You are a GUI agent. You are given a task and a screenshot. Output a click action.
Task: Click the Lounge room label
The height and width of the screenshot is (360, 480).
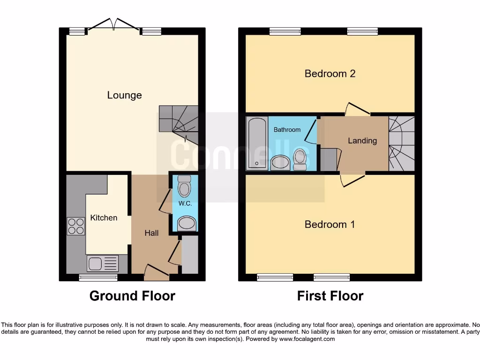pyautogui.click(x=124, y=95)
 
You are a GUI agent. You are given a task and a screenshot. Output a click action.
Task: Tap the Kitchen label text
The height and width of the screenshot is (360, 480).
pyautogui.click(x=104, y=217)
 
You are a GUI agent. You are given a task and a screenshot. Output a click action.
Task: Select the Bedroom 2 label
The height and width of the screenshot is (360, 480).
pyautogui.click(x=330, y=74)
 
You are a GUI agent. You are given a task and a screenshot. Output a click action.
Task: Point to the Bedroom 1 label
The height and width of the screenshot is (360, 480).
pyautogui.click(x=330, y=224)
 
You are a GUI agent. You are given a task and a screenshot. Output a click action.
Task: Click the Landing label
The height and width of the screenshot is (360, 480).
pyautogui.click(x=362, y=141)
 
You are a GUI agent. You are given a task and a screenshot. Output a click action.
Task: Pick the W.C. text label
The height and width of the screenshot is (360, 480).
pyautogui.click(x=185, y=204)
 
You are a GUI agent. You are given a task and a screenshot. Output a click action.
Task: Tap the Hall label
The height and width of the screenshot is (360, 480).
pyautogui.click(x=151, y=233)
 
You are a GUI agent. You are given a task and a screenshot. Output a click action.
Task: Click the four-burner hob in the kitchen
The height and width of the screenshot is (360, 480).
pyautogui.click(x=76, y=226)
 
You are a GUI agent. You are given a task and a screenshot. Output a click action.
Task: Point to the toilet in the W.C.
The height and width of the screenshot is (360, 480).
pyautogui.click(x=185, y=187)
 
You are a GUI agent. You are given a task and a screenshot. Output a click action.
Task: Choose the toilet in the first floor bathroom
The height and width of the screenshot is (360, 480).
pyautogui.click(x=300, y=159)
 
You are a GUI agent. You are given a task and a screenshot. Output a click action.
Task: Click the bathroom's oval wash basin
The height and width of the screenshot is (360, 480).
pyautogui.click(x=280, y=162)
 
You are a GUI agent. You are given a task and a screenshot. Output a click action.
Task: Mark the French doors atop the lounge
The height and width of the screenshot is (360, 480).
pyautogui.click(x=113, y=25)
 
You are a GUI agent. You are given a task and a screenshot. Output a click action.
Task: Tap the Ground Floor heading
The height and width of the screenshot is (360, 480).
pyautogui.click(x=132, y=296)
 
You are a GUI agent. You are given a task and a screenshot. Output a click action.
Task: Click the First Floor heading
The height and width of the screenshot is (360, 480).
pyautogui.click(x=330, y=296)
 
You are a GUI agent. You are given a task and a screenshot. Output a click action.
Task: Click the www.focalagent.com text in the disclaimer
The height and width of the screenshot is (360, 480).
pyautogui.click(x=307, y=338)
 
